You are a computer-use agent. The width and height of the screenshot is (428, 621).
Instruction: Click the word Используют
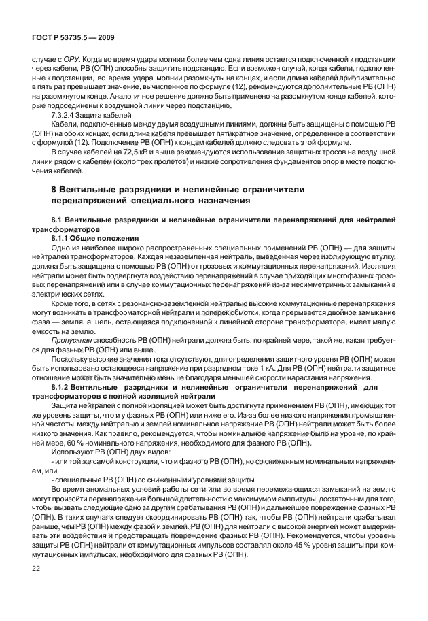click(x=72, y=450)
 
